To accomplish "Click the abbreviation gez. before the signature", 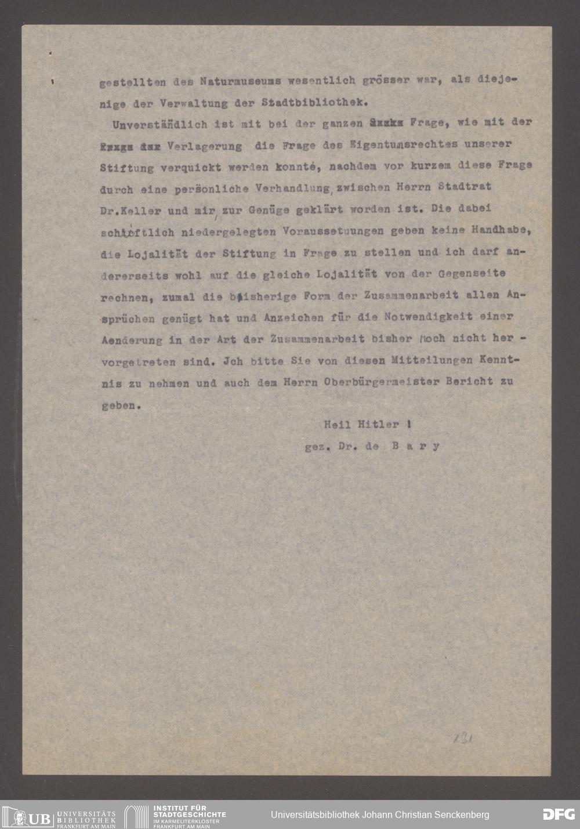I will point(317,447).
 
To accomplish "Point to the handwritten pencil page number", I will point(462,739).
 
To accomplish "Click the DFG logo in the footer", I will point(559,814).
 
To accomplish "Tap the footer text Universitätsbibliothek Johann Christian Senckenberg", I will point(380,814).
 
